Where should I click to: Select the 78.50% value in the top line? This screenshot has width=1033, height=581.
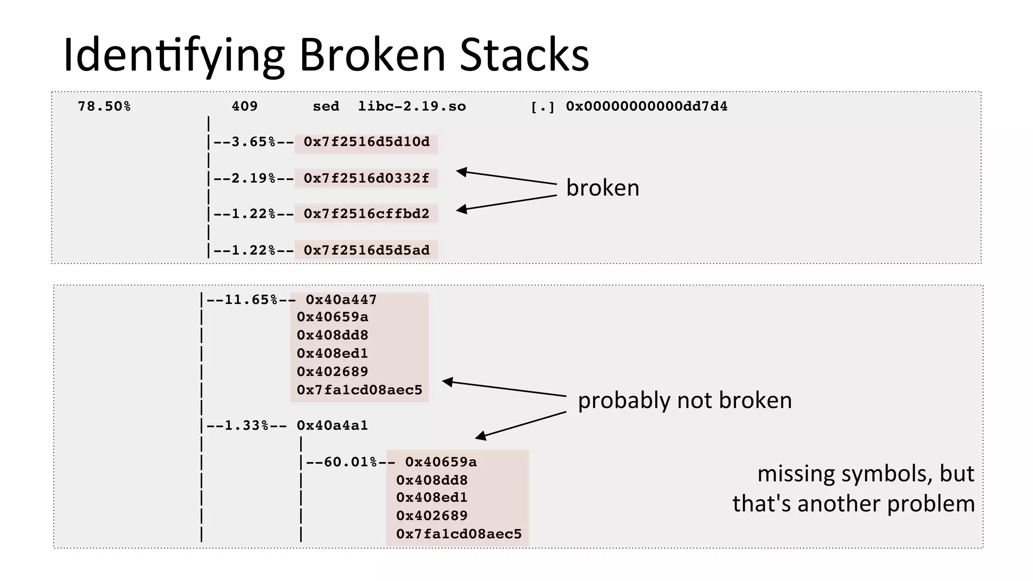pyautogui.click(x=104, y=107)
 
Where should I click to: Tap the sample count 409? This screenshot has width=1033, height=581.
pyautogui.click(x=245, y=107)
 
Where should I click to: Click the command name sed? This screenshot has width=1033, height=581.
pyautogui.click(x=326, y=107)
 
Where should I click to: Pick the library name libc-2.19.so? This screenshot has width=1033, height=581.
pyautogui.click(x=412, y=107)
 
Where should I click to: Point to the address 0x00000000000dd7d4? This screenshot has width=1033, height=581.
pyautogui.click(x=646, y=107)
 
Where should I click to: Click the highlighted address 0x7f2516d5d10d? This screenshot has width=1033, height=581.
pyautogui.click(x=367, y=142)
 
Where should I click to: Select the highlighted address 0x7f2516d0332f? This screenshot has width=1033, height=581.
pyautogui.click(x=367, y=178)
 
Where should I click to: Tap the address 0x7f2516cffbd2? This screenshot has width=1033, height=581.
pyautogui.click(x=367, y=214)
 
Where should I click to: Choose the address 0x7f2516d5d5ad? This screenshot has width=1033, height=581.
pyautogui.click(x=367, y=250)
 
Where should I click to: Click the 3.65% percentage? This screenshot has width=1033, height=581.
pyautogui.click(x=253, y=142)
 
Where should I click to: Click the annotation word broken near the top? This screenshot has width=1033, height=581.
pyautogui.click(x=602, y=188)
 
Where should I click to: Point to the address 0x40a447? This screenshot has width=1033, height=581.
pyautogui.click(x=341, y=300)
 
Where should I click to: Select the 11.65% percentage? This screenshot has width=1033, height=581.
pyautogui.click(x=251, y=300)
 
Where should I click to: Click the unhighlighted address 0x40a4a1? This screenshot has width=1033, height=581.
pyautogui.click(x=332, y=426)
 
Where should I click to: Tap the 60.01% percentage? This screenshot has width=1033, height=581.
pyautogui.click(x=350, y=462)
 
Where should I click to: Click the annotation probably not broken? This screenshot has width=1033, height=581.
pyautogui.click(x=684, y=401)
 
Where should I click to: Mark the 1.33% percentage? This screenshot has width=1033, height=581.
pyautogui.click(x=246, y=426)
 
